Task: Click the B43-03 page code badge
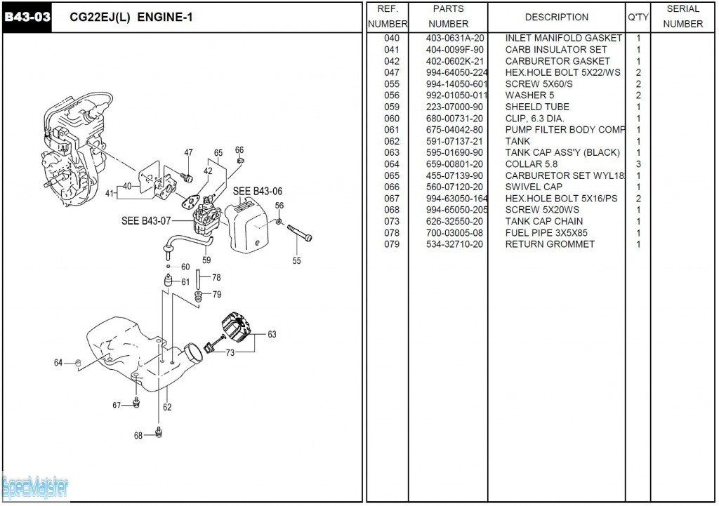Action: click(27, 17)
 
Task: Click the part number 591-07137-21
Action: click(454, 141)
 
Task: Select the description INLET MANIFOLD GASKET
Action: click(563, 38)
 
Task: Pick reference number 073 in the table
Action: click(392, 221)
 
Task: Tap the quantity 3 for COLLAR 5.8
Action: click(638, 164)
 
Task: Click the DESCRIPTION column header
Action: click(557, 17)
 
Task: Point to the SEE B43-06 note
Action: click(258, 191)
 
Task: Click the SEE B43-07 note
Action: click(146, 221)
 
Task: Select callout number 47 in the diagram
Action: click(188, 152)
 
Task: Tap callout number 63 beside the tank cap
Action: click(272, 334)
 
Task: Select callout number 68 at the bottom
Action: click(138, 435)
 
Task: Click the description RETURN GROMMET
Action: click(550, 244)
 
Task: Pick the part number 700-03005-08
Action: click(454, 233)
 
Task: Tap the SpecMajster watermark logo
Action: click(35, 486)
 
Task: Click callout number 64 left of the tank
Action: click(58, 363)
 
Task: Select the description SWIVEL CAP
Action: click(534, 187)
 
